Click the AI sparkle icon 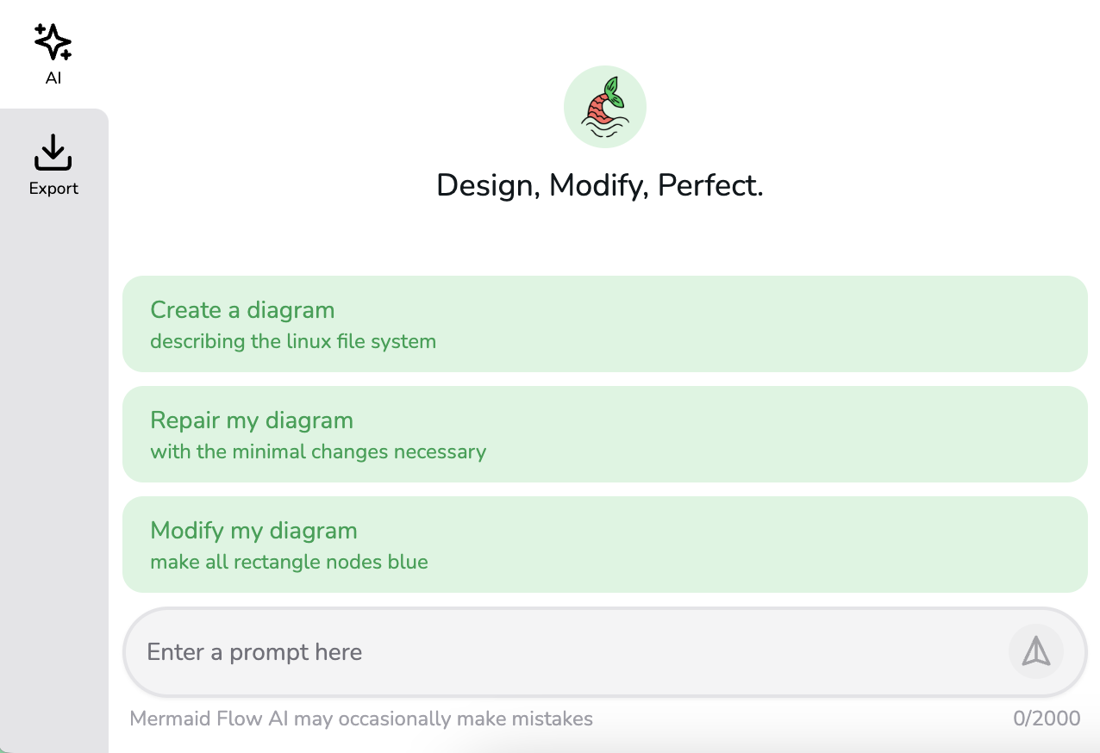click(53, 41)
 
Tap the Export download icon click(53, 152)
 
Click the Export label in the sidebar click(53, 189)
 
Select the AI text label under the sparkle click(53, 78)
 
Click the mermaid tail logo click(605, 107)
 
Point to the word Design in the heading click(488, 186)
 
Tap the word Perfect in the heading click(710, 185)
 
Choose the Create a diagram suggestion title click(242, 311)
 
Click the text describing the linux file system click(293, 342)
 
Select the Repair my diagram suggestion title click(252, 420)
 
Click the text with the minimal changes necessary click(318, 452)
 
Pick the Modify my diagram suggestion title click(253, 531)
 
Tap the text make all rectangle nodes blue click(289, 562)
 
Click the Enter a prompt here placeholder click(254, 652)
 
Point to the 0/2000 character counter click(1047, 719)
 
